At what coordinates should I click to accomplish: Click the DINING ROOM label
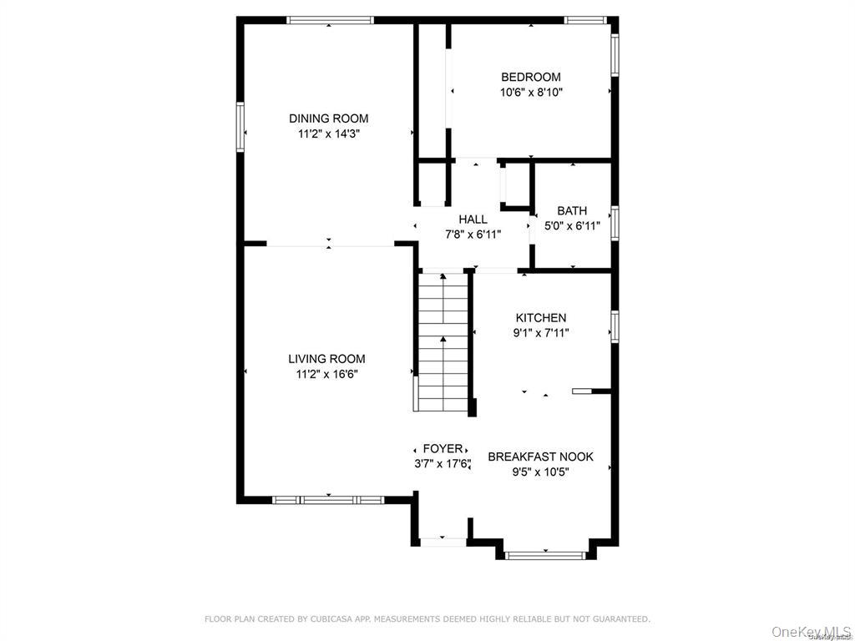pos(328,119)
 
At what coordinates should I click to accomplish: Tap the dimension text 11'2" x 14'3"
pos(328,134)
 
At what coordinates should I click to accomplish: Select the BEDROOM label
pos(530,78)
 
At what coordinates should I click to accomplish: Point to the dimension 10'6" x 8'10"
pos(531,93)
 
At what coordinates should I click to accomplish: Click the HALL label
pos(473,220)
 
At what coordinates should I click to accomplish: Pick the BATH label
pos(572,211)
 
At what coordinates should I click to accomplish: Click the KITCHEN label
pos(540,318)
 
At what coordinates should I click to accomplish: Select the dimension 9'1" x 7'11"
pos(540,333)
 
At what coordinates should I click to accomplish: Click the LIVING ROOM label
pos(326,359)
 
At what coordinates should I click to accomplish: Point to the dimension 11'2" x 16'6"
pos(326,374)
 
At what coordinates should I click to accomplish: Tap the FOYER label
pos(443,449)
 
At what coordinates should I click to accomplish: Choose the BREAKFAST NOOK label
pos(540,457)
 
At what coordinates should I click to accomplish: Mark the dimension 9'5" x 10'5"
pos(540,472)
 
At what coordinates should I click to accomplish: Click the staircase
pos(443,342)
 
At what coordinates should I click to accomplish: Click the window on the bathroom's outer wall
pos(615,223)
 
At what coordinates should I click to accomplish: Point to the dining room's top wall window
pos(328,20)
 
